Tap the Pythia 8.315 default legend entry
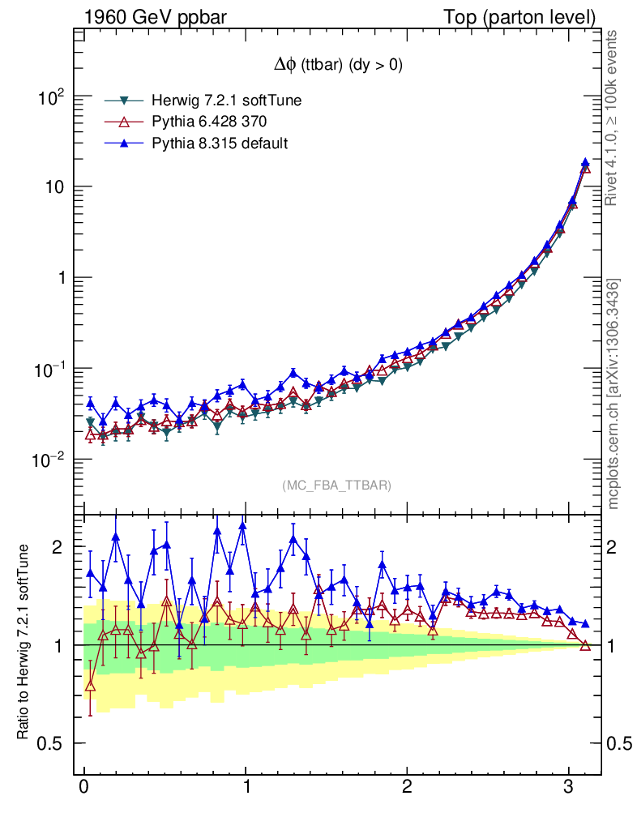click(x=220, y=143)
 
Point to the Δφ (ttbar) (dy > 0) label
click(x=338, y=66)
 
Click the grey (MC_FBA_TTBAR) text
click(x=337, y=486)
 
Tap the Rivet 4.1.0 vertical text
click(x=613, y=118)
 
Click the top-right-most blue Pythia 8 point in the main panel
click(x=585, y=163)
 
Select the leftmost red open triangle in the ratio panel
click(x=90, y=686)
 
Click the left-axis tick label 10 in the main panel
click(x=53, y=187)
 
